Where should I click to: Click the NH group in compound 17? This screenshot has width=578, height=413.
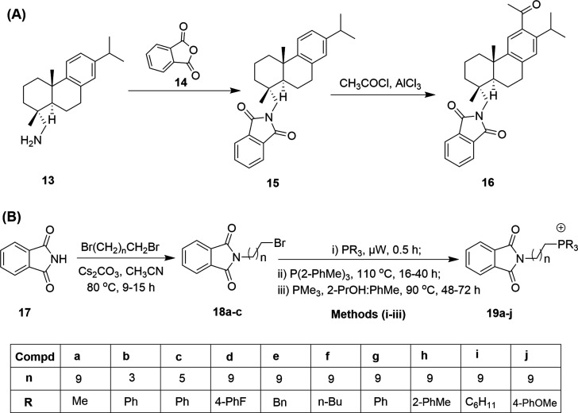(x=73, y=254)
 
